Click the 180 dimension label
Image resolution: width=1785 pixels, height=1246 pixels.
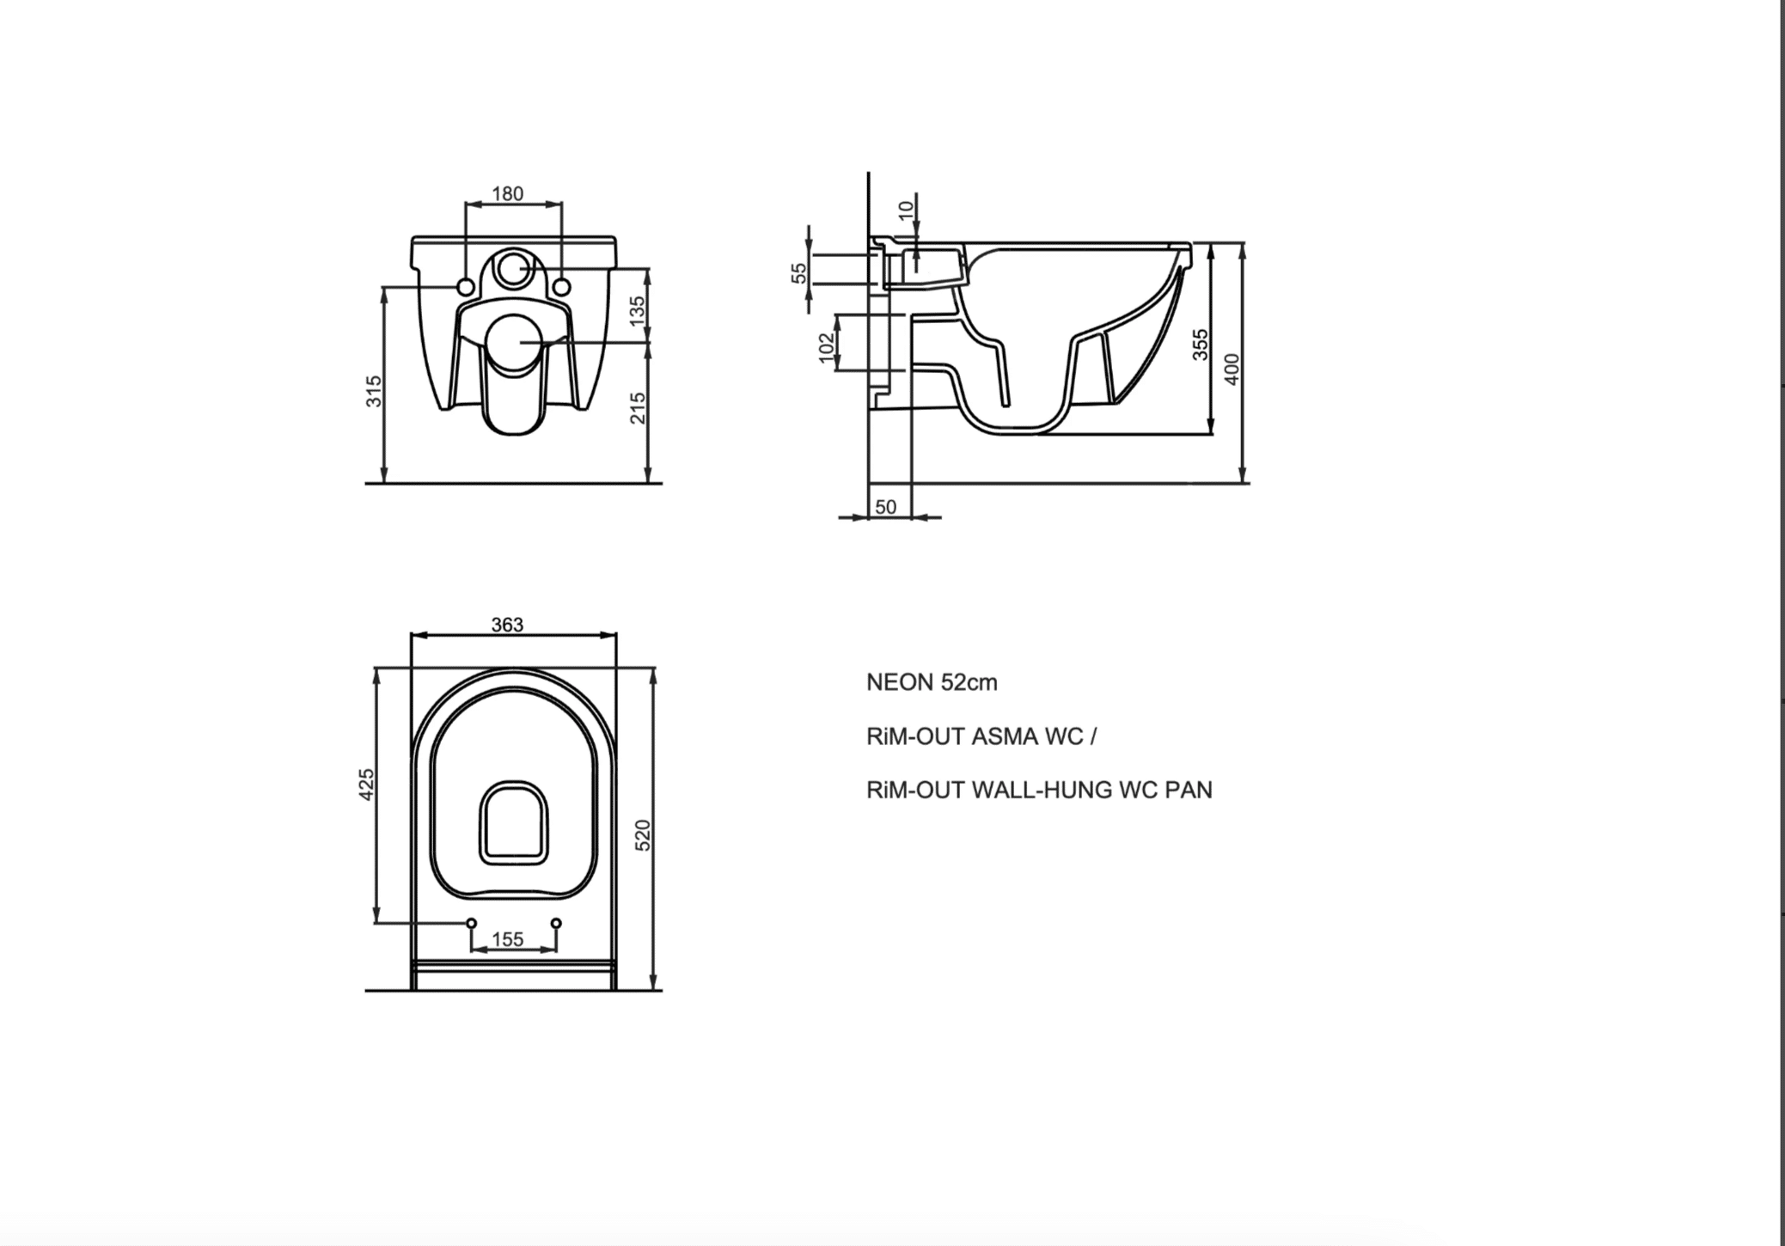507,194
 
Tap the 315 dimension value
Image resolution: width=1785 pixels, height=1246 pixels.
374,392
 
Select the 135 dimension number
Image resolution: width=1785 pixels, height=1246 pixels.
637,311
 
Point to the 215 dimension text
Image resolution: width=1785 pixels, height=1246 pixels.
637,408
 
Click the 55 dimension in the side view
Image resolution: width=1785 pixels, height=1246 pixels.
799,272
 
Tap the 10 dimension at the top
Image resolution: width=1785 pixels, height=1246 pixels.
905,210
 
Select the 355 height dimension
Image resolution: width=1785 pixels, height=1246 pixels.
1201,345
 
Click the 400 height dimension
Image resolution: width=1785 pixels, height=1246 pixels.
1232,370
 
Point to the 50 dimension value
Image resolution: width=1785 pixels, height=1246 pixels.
885,507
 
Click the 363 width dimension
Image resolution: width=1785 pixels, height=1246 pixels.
507,625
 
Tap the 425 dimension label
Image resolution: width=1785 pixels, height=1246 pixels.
367,785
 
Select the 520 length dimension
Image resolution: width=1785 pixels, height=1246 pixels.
643,835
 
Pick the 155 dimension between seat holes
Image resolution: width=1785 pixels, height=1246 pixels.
507,939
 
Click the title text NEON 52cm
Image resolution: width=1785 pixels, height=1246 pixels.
932,682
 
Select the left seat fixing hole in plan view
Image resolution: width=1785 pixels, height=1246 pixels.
471,923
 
